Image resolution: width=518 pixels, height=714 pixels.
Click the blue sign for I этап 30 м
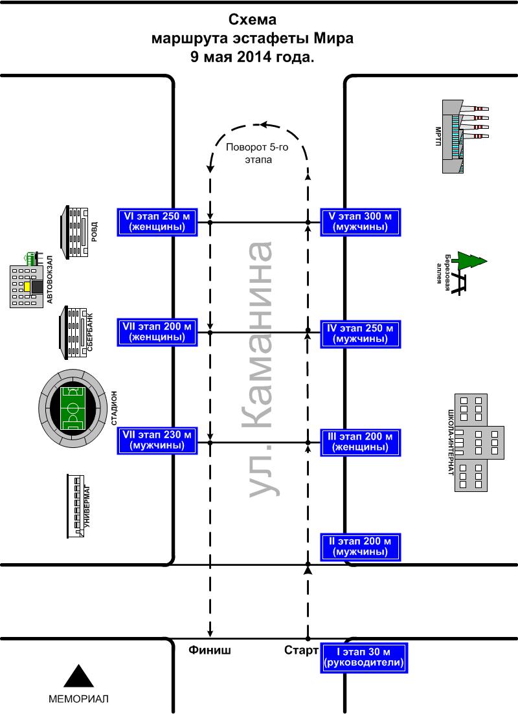(363, 657)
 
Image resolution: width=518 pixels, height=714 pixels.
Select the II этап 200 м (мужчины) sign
(360, 546)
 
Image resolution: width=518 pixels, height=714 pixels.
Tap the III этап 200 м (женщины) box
(360, 442)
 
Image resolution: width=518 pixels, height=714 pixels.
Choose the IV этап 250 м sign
(360, 334)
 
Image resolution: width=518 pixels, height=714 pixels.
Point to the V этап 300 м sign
(360, 222)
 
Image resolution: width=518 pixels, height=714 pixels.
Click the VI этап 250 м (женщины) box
(157, 222)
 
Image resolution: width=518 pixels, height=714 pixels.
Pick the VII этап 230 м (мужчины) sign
(157, 440)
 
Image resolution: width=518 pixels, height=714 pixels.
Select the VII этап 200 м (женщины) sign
(157, 333)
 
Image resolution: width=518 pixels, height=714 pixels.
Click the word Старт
(301, 651)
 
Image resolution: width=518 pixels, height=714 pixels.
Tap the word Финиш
(210, 651)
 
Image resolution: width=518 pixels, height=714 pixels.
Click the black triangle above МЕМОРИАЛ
(78, 676)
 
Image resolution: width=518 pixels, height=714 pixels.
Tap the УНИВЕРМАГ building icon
(76, 506)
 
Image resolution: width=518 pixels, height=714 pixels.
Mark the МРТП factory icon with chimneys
(465, 137)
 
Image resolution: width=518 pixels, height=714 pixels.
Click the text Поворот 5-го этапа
(258, 153)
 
